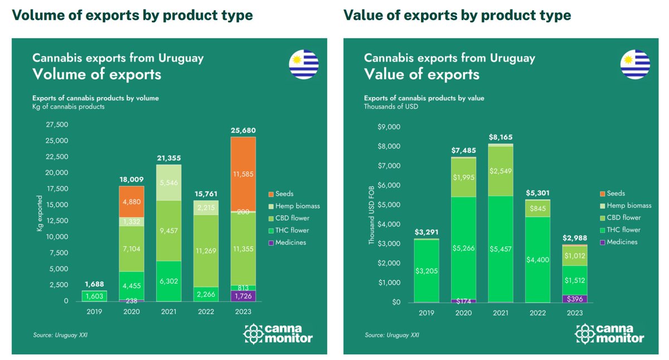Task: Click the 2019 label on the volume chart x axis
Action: coord(95,312)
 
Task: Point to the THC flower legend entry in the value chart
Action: coord(622,230)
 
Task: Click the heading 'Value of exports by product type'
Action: coord(457,15)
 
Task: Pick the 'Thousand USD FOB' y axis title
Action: coord(371,215)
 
